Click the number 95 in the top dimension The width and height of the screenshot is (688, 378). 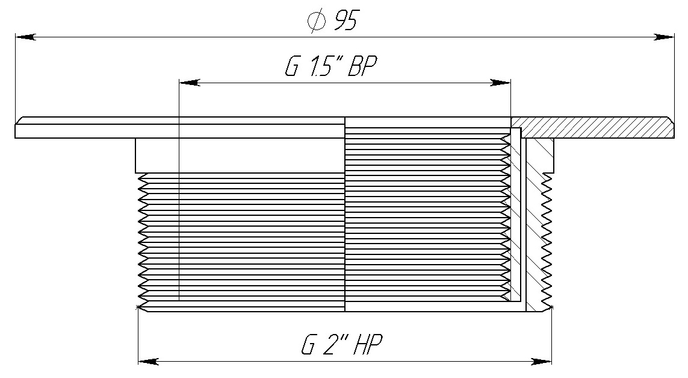pos(345,21)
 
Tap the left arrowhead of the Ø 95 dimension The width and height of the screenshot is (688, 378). pos(25,38)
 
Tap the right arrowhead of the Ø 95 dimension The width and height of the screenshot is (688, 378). pos(664,38)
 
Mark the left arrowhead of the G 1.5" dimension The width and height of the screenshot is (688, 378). pos(190,83)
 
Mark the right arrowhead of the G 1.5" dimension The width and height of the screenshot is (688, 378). pos(500,83)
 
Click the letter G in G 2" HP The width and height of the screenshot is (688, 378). pos(308,345)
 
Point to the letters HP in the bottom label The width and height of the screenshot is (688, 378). pos(368,345)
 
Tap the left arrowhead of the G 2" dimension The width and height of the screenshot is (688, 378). pos(148,362)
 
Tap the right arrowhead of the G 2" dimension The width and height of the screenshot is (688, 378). pos(542,362)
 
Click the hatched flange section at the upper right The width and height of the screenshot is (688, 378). pos(592,127)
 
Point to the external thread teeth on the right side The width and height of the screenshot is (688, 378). pos(547,239)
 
